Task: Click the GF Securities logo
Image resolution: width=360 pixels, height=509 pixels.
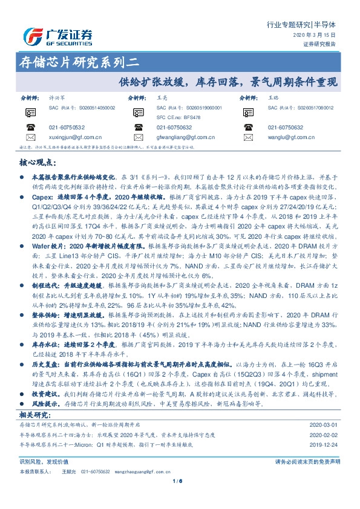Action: (57, 36)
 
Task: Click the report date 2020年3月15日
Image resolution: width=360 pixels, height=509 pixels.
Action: (319, 36)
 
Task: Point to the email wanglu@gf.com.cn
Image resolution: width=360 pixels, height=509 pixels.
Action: (288, 137)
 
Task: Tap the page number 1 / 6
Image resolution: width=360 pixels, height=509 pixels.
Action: (180, 498)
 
